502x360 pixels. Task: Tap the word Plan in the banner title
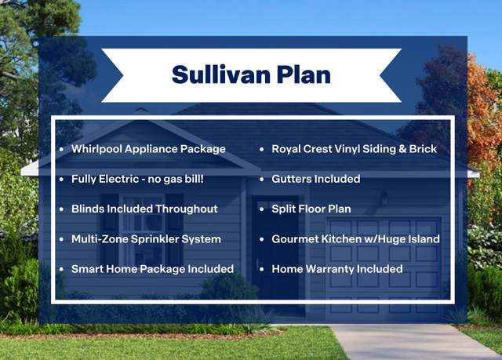(304, 75)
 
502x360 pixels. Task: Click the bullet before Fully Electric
(61, 179)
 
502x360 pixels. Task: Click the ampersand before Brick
(402, 149)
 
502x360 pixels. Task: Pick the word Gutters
(291, 179)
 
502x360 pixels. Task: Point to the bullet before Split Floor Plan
(262, 209)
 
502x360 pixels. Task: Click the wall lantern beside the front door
(384, 198)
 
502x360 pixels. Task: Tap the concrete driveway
(409, 342)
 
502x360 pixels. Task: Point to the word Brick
(423, 149)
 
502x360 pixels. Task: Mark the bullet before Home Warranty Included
(262, 270)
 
